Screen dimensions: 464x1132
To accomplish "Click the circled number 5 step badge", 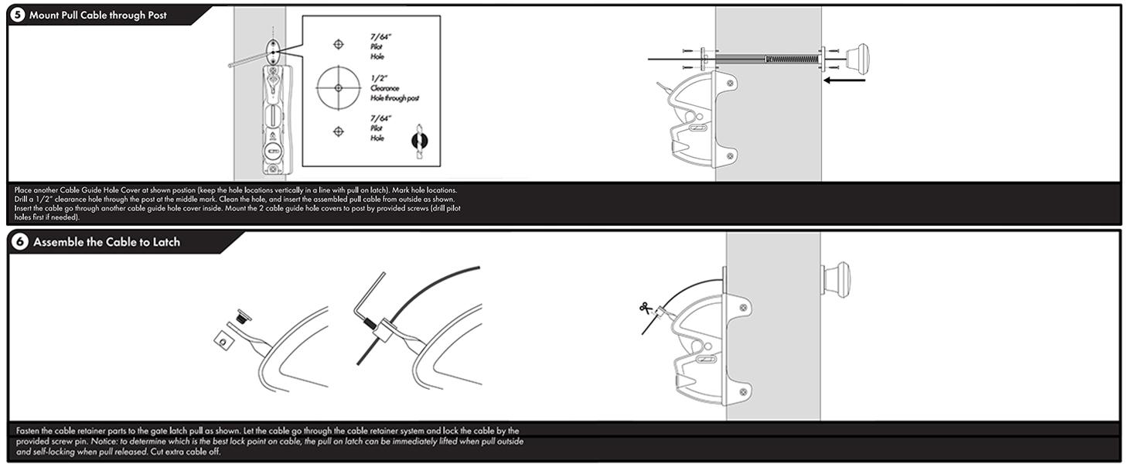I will [x=19, y=15].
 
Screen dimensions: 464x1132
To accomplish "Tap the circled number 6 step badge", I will [x=20, y=242].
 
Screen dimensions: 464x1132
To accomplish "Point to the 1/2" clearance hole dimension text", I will [x=379, y=78].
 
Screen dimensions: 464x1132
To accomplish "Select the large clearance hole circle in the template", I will [x=339, y=87].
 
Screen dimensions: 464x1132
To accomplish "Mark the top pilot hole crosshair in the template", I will [x=338, y=44].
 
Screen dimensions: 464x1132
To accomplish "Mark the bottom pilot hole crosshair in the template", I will [x=338, y=131].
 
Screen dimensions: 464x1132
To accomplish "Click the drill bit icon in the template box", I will [x=418, y=141].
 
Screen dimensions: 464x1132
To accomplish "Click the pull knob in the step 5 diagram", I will [x=857, y=59].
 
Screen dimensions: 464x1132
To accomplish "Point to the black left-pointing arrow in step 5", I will [x=844, y=79].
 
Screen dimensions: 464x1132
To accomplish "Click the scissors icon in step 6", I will [x=646, y=308].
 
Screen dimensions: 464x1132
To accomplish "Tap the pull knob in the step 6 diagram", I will [x=837, y=279].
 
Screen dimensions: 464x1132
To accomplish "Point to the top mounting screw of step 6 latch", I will [x=742, y=308].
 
